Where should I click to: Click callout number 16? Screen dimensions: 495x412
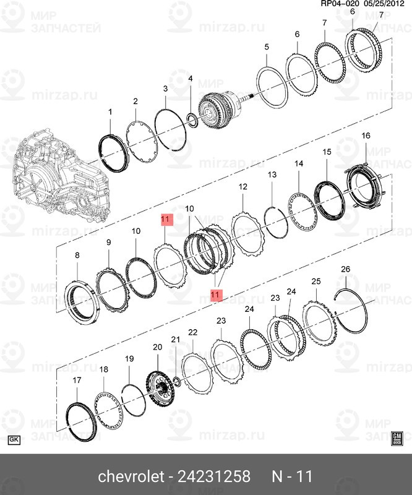pos(366,136)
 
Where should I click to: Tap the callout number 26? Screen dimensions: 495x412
pos(345,269)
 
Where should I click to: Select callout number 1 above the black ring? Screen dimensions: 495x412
pos(110,112)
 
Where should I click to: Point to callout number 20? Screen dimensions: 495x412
pos(157,348)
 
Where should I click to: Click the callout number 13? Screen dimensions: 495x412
pos(272,176)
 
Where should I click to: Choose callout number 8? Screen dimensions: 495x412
pos(77,255)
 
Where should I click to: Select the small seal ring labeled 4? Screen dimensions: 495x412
pos(192,119)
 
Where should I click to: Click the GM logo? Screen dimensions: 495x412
pos(398,439)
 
